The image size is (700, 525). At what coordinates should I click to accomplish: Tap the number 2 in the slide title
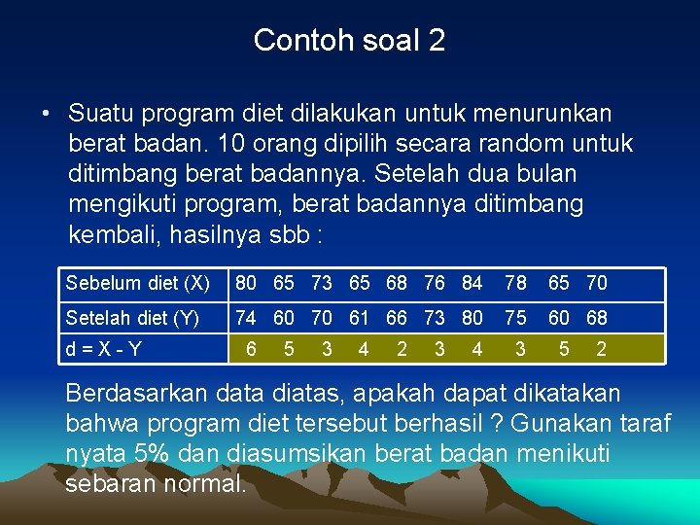click(436, 40)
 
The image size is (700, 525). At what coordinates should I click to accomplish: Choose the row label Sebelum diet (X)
click(137, 283)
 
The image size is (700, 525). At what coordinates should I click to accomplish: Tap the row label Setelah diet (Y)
click(132, 318)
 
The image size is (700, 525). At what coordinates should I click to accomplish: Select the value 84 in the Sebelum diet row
click(472, 283)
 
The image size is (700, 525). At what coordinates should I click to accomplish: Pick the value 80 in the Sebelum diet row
click(247, 283)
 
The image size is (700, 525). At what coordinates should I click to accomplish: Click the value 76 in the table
click(435, 283)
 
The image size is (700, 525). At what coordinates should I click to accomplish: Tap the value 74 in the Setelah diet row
click(247, 318)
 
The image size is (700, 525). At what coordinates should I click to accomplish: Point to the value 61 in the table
click(360, 318)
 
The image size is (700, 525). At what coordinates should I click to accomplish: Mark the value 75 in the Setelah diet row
click(515, 318)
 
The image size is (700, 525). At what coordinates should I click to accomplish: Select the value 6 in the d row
click(252, 349)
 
